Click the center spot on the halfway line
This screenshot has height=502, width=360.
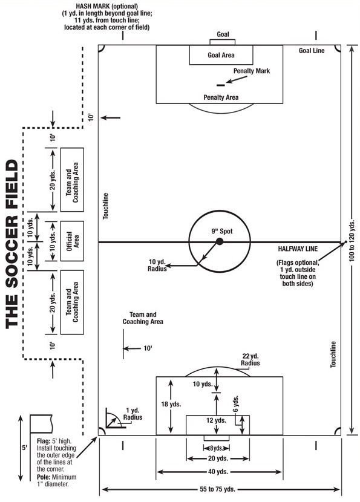pos(220,241)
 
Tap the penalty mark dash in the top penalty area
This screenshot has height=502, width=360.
pos(221,85)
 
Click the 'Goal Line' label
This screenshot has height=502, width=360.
pos(312,51)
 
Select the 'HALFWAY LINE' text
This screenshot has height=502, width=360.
pos(298,249)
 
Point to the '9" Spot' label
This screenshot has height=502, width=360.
pos(222,231)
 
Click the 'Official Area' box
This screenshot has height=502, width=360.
pos(72,241)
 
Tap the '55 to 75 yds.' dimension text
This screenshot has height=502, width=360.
pos(217,489)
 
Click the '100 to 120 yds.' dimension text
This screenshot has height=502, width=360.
pos(352,241)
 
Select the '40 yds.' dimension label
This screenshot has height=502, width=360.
pos(218,472)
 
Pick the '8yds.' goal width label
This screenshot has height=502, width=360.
pos(217,448)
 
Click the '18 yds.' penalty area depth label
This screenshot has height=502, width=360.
pos(171,404)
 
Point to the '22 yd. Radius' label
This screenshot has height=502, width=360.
pos(250,359)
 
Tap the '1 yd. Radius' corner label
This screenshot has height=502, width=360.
pos(133,414)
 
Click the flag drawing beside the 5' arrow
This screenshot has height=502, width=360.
pos(41,424)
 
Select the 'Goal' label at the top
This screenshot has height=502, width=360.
pos(223,34)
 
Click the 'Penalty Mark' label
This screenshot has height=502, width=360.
pos(252,71)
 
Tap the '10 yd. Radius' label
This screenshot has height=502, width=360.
pos(157,266)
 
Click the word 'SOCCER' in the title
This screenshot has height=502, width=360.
pos(12,248)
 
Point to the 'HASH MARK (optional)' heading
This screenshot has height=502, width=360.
pos(106,6)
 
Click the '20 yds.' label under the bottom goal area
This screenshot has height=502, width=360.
pos(218,458)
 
